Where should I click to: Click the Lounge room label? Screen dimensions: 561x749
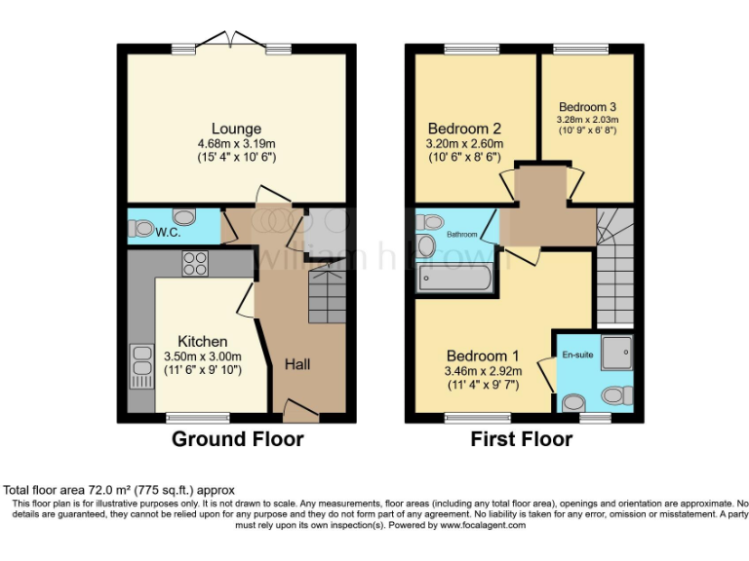[x=236, y=129]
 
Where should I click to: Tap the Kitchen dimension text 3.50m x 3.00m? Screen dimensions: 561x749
[x=202, y=356]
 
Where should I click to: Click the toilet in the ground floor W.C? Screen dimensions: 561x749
[x=143, y=229]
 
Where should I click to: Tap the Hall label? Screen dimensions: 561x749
[x=297, y=364]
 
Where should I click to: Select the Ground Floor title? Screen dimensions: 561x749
[x=237, y=439]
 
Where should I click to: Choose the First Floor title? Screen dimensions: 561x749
[x=521, y=439]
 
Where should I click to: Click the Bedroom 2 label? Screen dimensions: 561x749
[x=464, y=128]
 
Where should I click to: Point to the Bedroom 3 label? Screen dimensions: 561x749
[x=587, y=107]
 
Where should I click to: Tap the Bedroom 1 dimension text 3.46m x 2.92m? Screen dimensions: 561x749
[x=483, y=370]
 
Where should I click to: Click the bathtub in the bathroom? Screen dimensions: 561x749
[x=454, y=280]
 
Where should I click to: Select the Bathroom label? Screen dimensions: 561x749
[x=462, y=235]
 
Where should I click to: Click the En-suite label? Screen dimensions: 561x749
[x=576, y=355]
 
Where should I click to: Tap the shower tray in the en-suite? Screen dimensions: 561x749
[x=615, y=353]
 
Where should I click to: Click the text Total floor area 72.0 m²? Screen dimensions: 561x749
[x=119, y=489]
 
